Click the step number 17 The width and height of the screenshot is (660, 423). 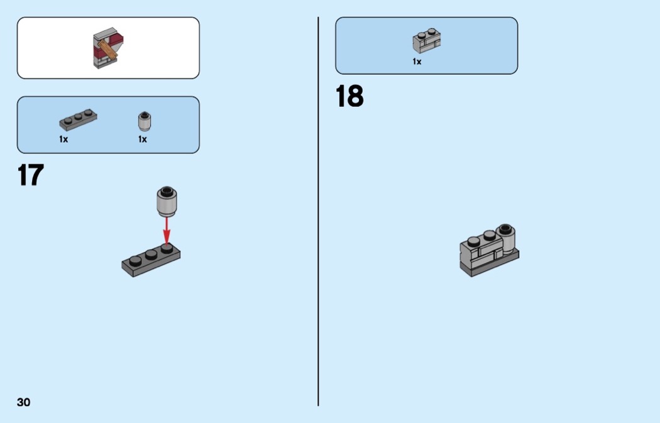tap(31, 175)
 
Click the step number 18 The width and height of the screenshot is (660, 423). tap(349, 97)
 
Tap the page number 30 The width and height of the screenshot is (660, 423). tap(24, 402)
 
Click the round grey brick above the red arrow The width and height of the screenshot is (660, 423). tap(166, 201)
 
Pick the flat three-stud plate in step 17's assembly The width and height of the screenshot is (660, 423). tap(151, 261)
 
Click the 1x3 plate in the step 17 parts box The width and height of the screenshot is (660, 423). tap(78, 120)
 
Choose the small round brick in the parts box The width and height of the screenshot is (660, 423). tap(144, 120)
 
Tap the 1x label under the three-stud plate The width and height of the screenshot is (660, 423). tap(63, 139)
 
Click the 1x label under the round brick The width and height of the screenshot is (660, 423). tap(143, 139)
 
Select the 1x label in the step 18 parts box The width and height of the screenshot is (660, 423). tap(417, 62)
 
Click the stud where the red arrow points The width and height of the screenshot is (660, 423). tap(166, 248)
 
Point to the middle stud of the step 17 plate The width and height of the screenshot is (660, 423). tap(150, 254)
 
